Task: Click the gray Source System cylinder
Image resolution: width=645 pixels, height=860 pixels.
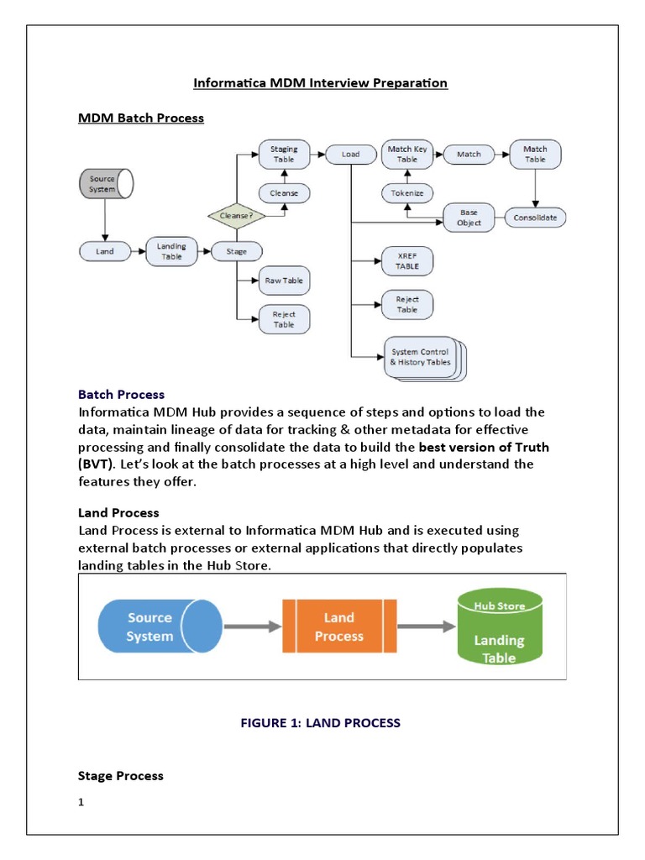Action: coord(104,184)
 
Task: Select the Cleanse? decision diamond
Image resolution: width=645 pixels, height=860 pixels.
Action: coord(236,215)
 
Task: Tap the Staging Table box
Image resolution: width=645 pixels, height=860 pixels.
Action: coord(283,155)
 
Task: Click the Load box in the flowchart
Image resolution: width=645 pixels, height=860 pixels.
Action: coord(349,155)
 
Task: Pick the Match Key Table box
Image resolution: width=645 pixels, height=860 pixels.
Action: coord(406,154)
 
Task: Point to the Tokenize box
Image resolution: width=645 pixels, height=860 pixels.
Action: coord(406,193)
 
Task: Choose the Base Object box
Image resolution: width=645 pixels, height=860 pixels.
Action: coord(469,218)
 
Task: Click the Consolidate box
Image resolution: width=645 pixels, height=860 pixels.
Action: coord(535,218)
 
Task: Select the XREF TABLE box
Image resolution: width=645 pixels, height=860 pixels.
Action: coord(406,261)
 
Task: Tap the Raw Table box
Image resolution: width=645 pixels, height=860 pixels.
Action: coord(284,281)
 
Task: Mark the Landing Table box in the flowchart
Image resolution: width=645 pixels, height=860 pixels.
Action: coord(171,250)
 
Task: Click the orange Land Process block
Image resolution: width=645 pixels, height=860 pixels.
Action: coord(339,627)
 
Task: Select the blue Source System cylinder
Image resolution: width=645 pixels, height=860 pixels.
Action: coord(160,627)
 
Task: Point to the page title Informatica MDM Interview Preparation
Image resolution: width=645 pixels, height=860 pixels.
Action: coord(321,83)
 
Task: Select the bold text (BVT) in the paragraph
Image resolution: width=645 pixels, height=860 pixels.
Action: coord(96,464)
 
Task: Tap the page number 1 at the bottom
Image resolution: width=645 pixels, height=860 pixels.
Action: coord(81,802)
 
